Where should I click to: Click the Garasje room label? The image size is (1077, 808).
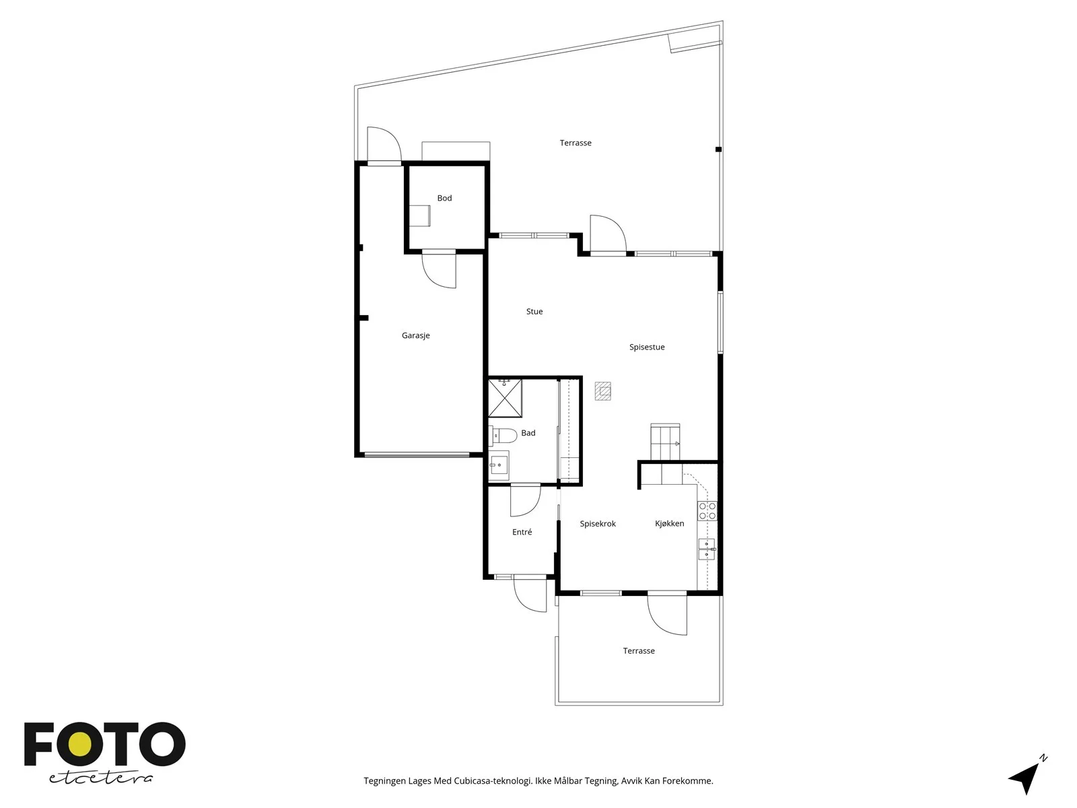click(x=415, y=335)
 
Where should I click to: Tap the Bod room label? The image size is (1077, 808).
click(x=444, y=198)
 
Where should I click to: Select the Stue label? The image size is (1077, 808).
click(x=534, y=312)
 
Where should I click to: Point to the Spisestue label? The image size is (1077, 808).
click(x=647, y=347)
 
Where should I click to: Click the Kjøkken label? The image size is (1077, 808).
click(x=669, y=523)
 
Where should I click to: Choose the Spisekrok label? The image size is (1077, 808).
click(x=598, y=524)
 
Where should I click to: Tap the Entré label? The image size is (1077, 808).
click(x=522, y=532)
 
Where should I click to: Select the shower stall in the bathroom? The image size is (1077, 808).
click(x=505, y=398)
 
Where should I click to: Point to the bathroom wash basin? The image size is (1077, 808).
click(x=499, y=464)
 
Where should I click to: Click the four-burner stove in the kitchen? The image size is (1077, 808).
click(x=707, y=510)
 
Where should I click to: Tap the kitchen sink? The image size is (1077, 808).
click(x=707, y=549)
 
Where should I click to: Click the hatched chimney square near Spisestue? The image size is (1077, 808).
click(x=603, y=391)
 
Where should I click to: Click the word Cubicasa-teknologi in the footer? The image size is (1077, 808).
click(x=493, y=781)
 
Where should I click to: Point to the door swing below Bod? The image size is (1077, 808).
click(x=439, y=270)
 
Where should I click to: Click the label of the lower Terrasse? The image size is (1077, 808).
click(x=639, y=651)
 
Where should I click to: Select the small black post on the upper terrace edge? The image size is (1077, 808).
click(x=718, y=149)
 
